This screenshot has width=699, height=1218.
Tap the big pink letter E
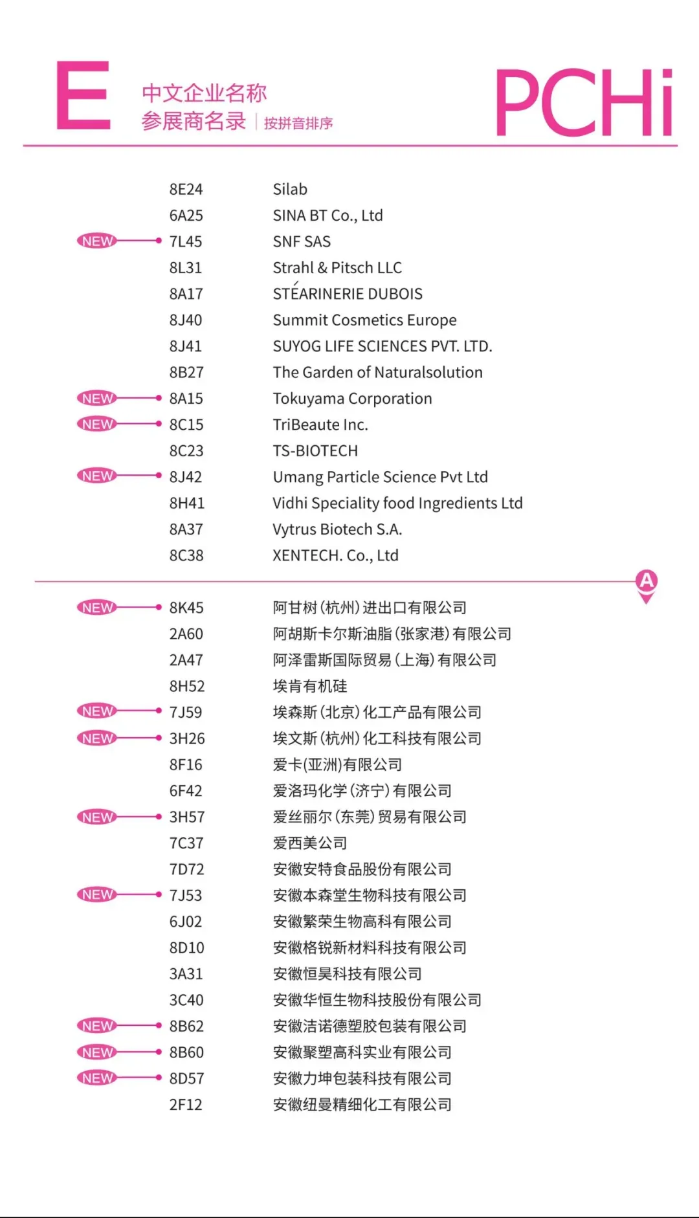click(82, 96)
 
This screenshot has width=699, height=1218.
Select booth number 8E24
click(186, 190)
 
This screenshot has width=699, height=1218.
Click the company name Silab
click(290, 190)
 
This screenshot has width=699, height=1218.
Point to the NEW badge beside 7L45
click(98, 241)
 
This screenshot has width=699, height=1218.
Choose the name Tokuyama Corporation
click(352, 399)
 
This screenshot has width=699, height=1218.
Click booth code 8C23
click(186, 451)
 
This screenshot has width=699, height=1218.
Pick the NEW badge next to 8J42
click(98, 476)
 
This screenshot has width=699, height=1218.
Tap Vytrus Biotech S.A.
click(337, 529)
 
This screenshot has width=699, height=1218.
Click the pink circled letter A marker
click(646, 582)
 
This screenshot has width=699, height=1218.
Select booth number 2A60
click(186, 634)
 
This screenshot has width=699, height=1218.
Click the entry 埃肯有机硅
click(310, 686)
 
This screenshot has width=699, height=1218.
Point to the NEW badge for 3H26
click(98, 738)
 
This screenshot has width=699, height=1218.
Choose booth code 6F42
click(186, 791)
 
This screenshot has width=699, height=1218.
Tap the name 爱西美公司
click(310, 843)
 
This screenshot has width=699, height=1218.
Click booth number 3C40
click(186, 1000)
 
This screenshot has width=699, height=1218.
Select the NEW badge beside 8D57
click(98, 1078)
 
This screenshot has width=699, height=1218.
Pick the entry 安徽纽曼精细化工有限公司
click(362, 1105)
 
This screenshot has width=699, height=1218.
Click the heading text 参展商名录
click(194, 122)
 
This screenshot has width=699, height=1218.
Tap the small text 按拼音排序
click(298, 123)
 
